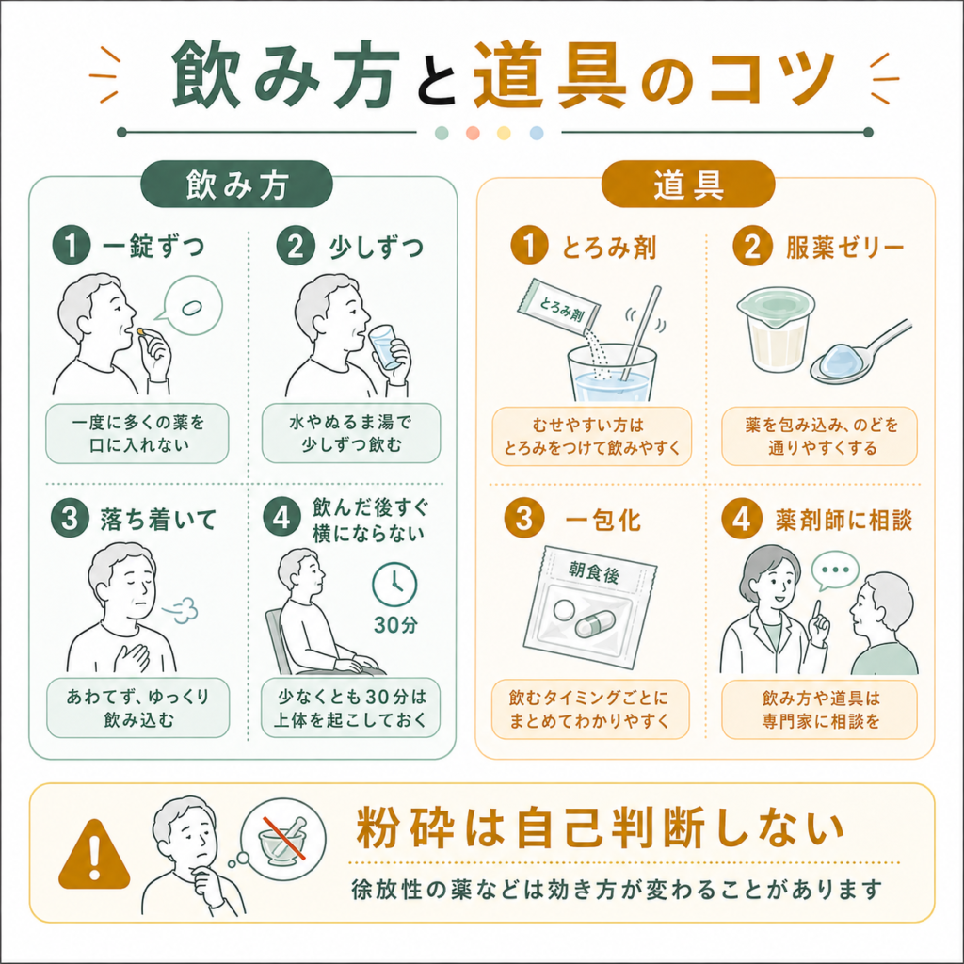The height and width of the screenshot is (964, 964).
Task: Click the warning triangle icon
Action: [x=94, y=856]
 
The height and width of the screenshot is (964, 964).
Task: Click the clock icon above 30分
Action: [x=394, y=584]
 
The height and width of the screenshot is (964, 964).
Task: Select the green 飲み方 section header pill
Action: [x=236, y=185]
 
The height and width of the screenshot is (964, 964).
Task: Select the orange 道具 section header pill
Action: [x=688, y=185]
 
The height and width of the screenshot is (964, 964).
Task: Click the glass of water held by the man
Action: [x=384, y=347]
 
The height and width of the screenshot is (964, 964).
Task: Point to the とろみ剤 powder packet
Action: [x=559, y=309]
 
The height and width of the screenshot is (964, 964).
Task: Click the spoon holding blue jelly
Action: [x=860, y=355]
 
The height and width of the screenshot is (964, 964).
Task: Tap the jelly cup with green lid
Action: [x=776, y=329]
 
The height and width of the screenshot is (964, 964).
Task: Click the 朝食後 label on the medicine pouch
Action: [x=593, y=573]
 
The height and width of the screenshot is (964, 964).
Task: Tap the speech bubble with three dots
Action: [x=834, y=570]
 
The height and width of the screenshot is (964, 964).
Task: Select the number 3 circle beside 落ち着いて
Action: [x=70, y=519]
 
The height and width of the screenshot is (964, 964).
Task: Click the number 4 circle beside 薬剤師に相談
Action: [x=742, y=519]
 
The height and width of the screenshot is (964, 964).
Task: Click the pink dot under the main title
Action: [x=473, y=133]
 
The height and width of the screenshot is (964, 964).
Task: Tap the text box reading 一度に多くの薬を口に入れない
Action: [x=137, y=433]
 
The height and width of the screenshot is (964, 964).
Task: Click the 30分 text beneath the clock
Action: [x=395, y=625]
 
